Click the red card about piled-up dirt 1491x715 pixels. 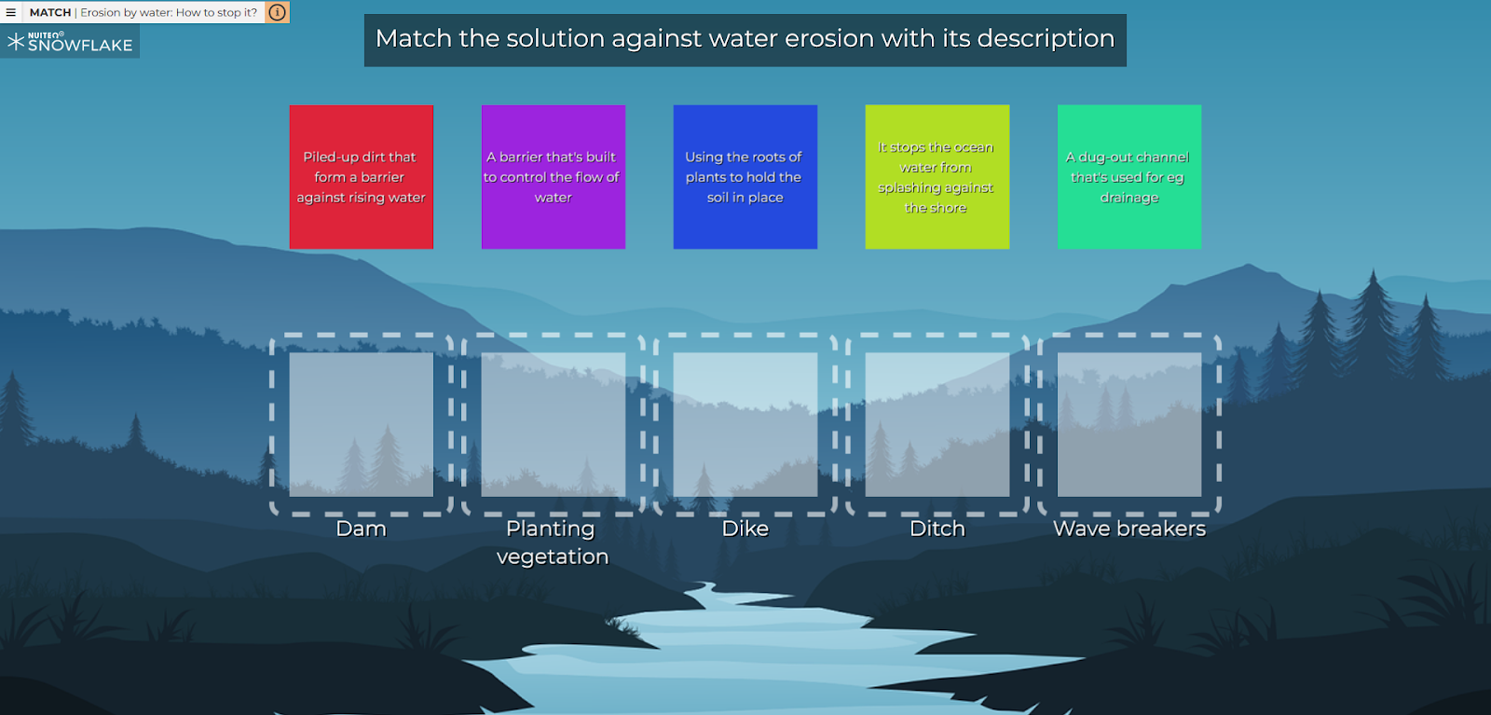[x=362, y=177]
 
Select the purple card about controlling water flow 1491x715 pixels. [x=554, y=177]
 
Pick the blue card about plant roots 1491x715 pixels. [x=745, y=177]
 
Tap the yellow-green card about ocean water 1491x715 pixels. [x=937, y=177]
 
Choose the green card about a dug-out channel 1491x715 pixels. [x=1129, y=177]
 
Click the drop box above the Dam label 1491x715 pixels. [x=362, y=425]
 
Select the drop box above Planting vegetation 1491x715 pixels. [x=554, y=425]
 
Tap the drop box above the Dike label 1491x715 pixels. [x=745, y=425]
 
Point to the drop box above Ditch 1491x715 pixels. [x=937, y=425]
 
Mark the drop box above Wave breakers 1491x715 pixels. [x=1129, y=425]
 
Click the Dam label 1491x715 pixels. [x=361, y=529]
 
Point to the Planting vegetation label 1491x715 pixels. [x=553, y=543]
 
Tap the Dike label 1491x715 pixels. [x=745, y=529]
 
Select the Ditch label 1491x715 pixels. [x=937, y=529]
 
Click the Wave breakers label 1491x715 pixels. [x=1129, y=529]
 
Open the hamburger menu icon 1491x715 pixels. [x=10, y=12]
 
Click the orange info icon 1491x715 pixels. [x=277, y=12]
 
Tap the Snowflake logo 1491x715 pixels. [x=70, y=42]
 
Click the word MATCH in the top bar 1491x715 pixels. [x=50, y=13]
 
